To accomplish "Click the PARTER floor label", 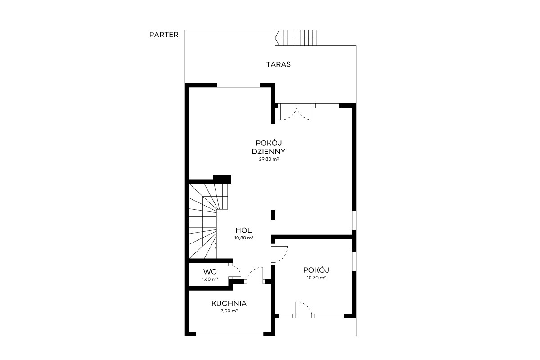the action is pos(164,35).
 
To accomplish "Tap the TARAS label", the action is pos(279,64).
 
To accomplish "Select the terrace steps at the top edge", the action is pos(296,38).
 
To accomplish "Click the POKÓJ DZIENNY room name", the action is pos(269,147).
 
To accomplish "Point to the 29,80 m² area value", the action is pos(269,159).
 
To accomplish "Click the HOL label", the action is pos(243,230).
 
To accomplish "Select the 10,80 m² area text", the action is pos(244,238).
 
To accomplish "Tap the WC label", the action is pos(210,271).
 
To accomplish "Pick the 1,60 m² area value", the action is pos(210,279).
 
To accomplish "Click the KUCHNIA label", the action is pos(229,303).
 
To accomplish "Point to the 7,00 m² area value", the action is pos(229,311).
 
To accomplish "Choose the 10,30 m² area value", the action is pos(316,278).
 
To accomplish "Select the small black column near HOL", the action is pos(273,215).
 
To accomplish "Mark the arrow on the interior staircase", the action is pos(210,246).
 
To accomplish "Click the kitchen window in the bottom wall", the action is pos(229,334).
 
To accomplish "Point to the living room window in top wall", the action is pos(238,85).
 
